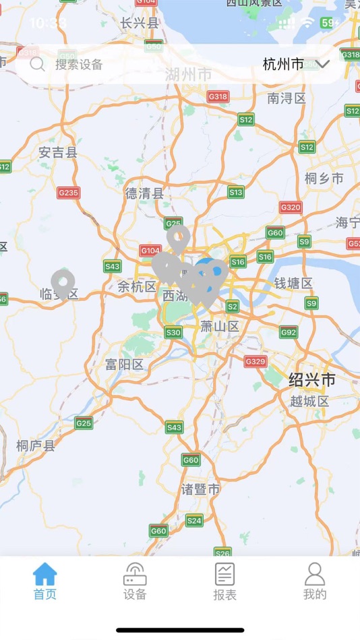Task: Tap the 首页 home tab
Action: click(45, 581)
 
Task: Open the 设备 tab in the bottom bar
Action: click(135, 581)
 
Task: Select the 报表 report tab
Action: click(224, 581)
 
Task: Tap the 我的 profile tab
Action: click(315, 581)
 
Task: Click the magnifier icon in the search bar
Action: click(38, 65)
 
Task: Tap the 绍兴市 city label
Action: click(312, 379)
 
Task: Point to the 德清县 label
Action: click(144, 193)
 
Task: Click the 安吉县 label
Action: click(58, 152)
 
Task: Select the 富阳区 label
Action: click(125, 364)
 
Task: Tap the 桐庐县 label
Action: click(36, 445)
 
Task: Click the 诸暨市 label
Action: click(201, 489)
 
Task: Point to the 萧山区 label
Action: click(220, 327)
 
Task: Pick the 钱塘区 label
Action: click(293, 283)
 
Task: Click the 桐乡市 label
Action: click(324, 179)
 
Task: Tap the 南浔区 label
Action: click(286, 98)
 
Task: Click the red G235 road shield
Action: click(68, 193)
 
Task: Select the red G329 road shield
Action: click(256, 362)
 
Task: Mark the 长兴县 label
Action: click(140, 23)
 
